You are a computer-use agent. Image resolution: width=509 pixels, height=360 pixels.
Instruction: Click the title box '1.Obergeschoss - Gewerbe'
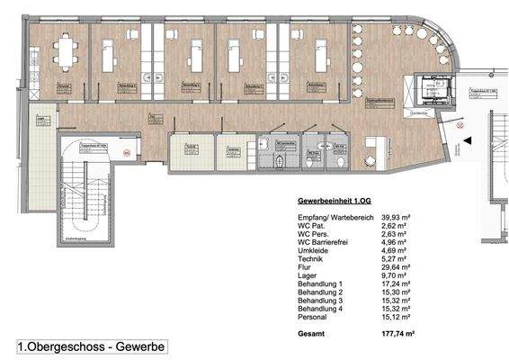pyautogui.click(x=91, y=345)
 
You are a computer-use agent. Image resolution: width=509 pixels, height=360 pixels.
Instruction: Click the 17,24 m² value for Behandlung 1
pyautogui.click(x=371, y=287)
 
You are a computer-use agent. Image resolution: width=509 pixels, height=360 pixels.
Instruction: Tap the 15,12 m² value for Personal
pyautogui.click(x=371, y=320)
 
